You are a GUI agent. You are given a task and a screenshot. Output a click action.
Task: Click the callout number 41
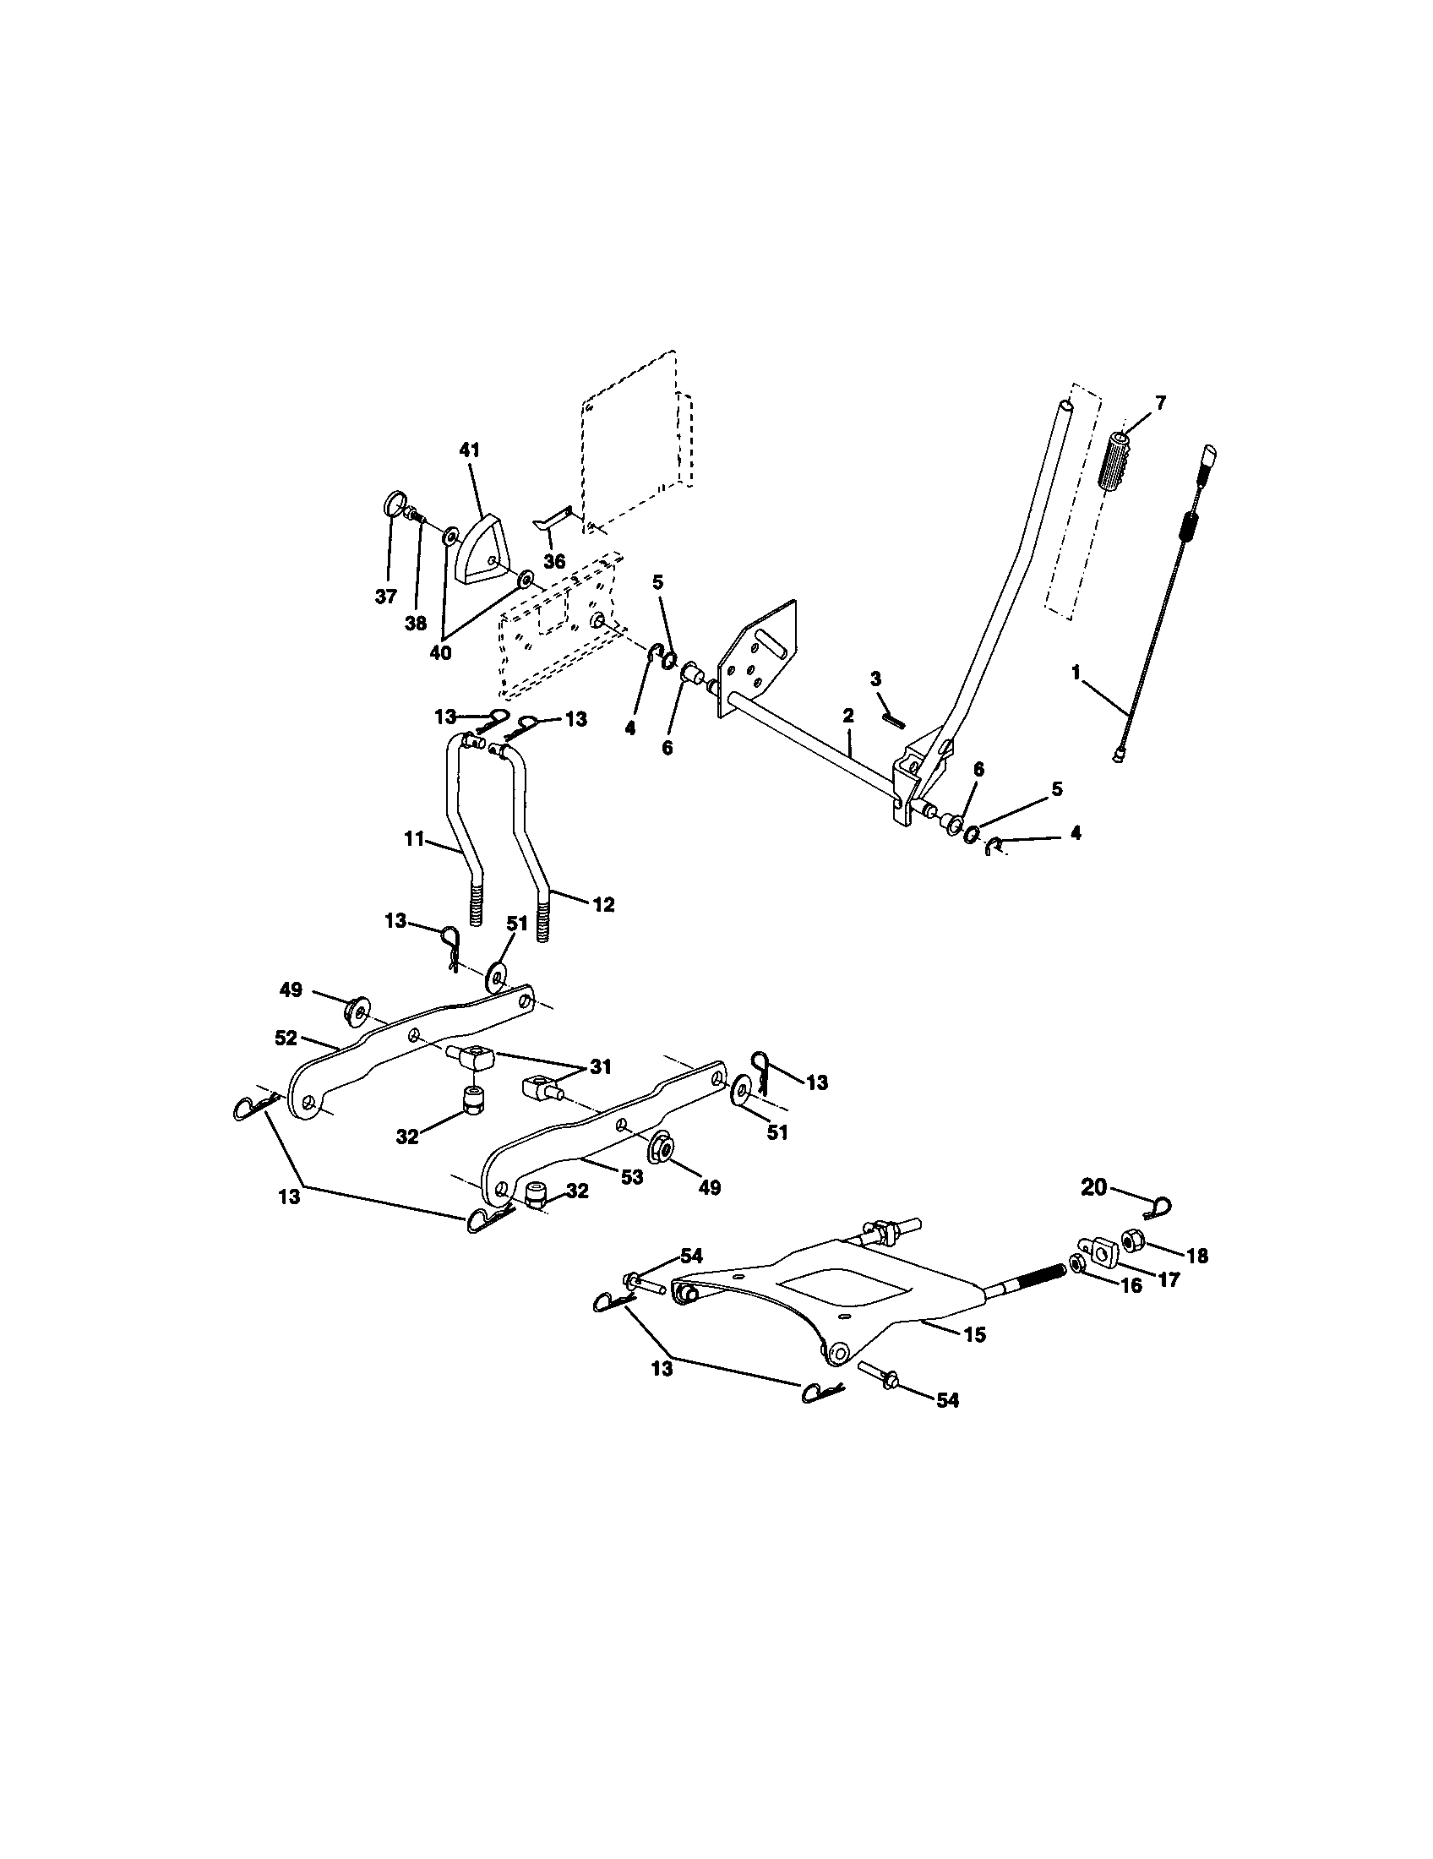[470, 450]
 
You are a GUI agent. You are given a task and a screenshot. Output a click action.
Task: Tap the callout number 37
[386, 597]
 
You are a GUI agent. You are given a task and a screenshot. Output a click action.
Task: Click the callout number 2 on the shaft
[848, 717]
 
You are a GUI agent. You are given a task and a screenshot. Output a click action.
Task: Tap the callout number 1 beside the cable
[1076, 673]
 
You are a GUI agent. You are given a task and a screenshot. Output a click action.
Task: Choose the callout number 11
[413, 839]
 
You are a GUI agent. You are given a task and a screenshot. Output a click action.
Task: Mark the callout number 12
[602, 906]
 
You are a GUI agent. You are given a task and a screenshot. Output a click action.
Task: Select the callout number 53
[631, 1177]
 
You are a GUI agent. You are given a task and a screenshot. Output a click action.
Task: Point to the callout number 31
[602, 1067]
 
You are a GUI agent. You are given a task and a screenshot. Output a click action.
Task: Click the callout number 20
[1094, 1186]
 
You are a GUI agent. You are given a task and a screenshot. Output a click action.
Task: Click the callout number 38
[415, 623]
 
